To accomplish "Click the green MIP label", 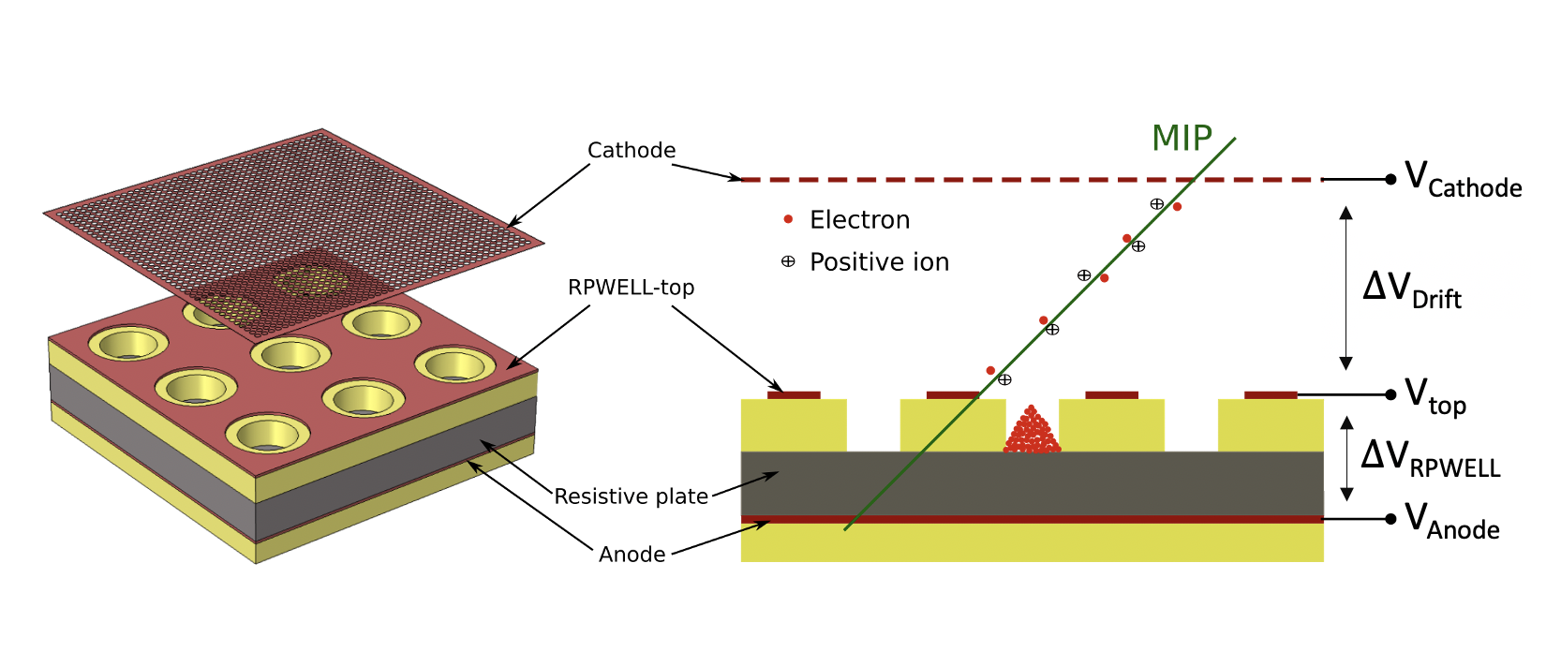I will click(1182, 139).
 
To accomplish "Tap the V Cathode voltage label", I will click(1462, 179).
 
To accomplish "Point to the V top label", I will click(1435, 396).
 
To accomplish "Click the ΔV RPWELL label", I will click(1430, 458).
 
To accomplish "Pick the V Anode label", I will click(1451, 522).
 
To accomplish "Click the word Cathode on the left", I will click(631, 150).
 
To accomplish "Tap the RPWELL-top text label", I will click(631, 288).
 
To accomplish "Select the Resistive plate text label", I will click(631, 496).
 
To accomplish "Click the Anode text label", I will click(632, 555).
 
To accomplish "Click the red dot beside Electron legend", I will click(788, 219).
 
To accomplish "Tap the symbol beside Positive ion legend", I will click(788, 261).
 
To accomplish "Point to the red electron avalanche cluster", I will click(1032, 434).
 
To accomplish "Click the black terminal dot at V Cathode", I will click(1390, 179).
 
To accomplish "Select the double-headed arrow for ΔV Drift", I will click(1346, 288).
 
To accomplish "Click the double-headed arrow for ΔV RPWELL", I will click(1346, 458).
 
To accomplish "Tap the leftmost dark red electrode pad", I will click(794, 395).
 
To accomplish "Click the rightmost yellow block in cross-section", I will click(1271, 425).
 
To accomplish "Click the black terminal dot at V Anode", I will click(1390, 519).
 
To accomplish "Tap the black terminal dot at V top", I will click(1390, 394).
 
